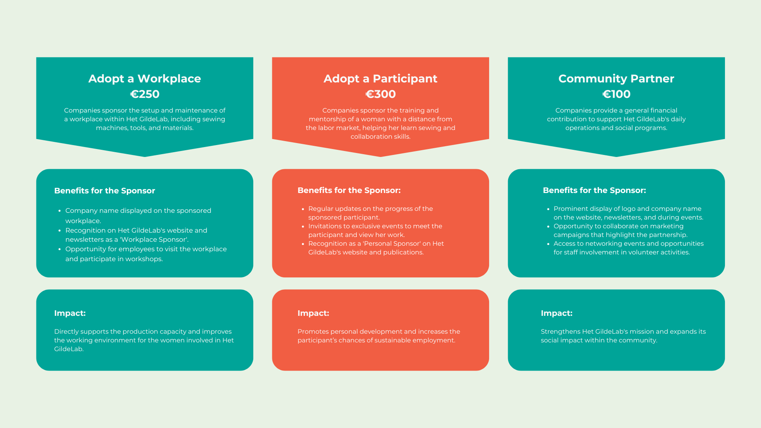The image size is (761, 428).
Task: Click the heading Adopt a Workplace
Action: click(x=145, y=78)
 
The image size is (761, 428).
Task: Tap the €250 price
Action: click(x=145, y=94)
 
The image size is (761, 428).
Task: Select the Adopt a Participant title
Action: click(x=380, y=78)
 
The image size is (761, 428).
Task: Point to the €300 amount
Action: click(x=380, y=94)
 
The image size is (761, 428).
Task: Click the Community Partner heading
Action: click(x=616, y=78)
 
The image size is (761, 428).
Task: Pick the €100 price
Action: click(x=616, y=94)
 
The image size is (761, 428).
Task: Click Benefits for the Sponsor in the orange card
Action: click(x=349, y=190)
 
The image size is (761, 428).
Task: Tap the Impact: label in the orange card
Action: click(x=314, y=313)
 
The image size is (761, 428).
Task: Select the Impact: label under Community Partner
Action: click(x=557, y=313)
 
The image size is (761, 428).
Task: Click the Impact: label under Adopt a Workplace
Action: click(x=70, y=313)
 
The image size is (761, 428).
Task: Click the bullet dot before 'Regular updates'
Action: click(x=303, y=209)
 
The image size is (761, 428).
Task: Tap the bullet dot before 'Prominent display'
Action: click(x=548, y=209)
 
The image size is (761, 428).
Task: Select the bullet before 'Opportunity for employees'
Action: click(x=60, y=249)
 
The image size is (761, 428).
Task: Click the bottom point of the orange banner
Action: click(x=380, y=157)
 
